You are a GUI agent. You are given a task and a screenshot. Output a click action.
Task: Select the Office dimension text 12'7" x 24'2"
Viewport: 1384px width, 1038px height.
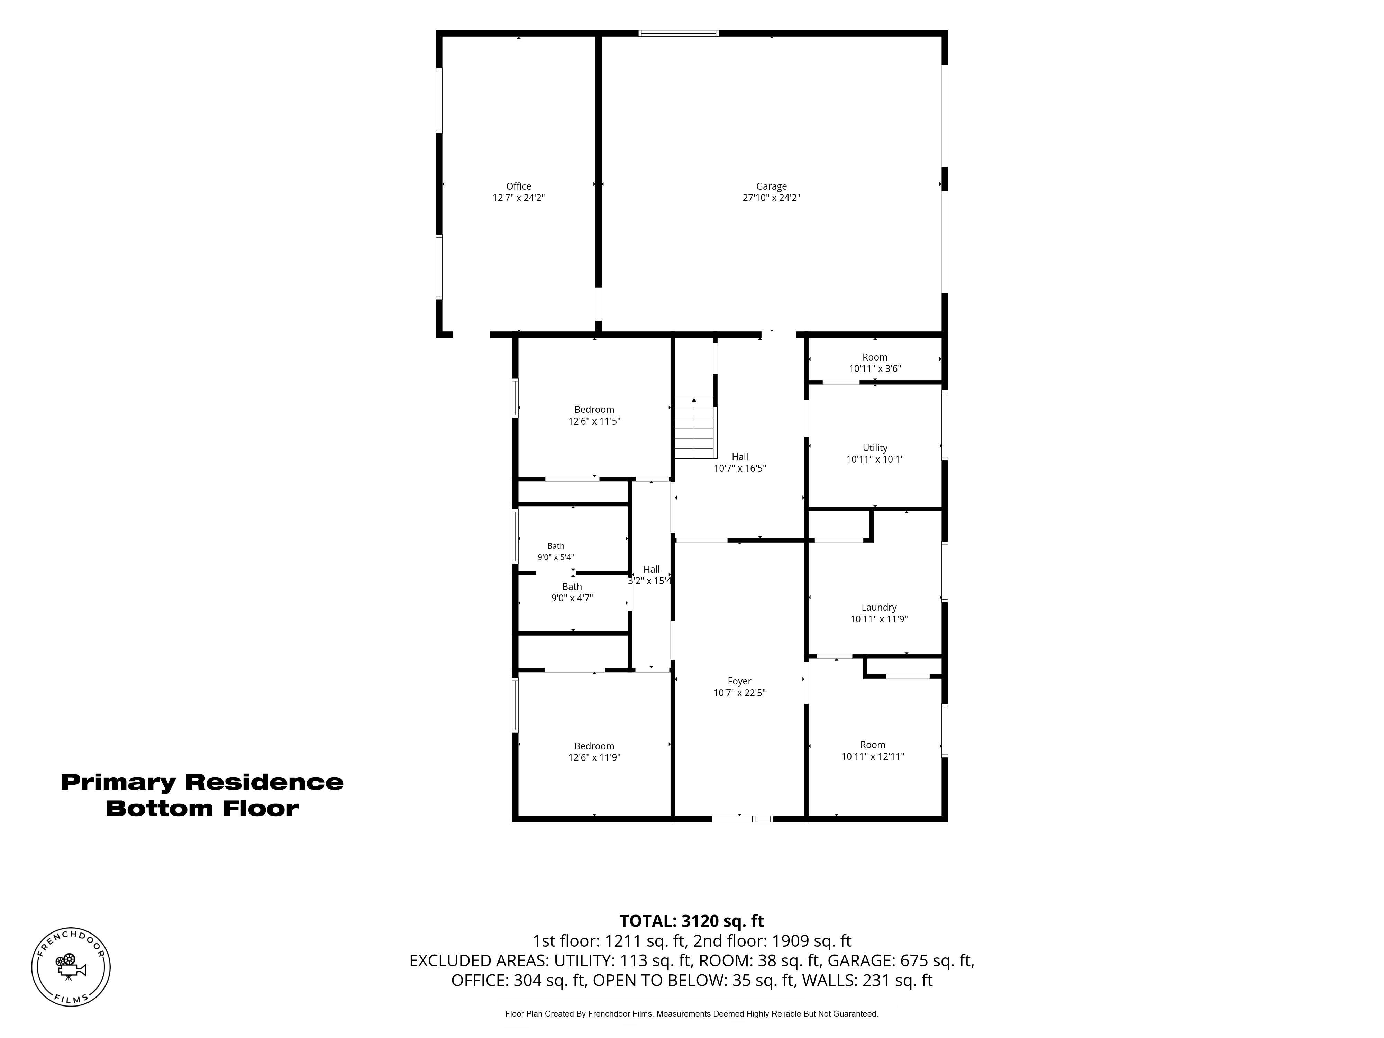pyautogui.click(x=519, y=198)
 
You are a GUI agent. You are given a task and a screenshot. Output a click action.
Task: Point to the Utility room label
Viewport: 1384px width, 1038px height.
pyautogui.click(x=875, y=448)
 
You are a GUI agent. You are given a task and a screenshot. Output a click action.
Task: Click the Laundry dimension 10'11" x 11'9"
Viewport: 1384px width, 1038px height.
pyautogui.click(x=879, y=619)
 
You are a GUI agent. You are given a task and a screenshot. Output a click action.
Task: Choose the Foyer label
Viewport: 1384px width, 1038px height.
pyautogui.click(x=739, y=681)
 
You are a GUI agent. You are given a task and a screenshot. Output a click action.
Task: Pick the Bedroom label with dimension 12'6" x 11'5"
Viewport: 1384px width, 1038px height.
pyautogui.click(x=594, y=410)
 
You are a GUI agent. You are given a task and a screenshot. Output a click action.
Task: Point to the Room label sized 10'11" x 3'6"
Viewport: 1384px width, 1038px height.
pyautogui.click(x=875, y=357)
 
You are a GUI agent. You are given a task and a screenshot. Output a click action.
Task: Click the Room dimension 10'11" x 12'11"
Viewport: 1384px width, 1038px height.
pyautogui.click(x=873, y=756)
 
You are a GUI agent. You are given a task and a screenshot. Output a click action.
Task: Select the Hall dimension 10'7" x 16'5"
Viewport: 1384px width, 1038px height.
pyautogui.click(x=739, y=468)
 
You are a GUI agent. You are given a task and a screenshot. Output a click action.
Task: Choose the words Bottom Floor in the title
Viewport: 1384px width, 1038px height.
pyautogui.click(x=202, y=808)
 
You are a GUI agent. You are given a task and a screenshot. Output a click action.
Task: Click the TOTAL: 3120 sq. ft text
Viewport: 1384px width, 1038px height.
pyautogui.click(x=691, y=921)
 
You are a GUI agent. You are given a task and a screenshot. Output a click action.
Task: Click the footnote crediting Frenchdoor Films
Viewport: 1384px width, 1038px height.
pyautogui.click(x=691, y=1013)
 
